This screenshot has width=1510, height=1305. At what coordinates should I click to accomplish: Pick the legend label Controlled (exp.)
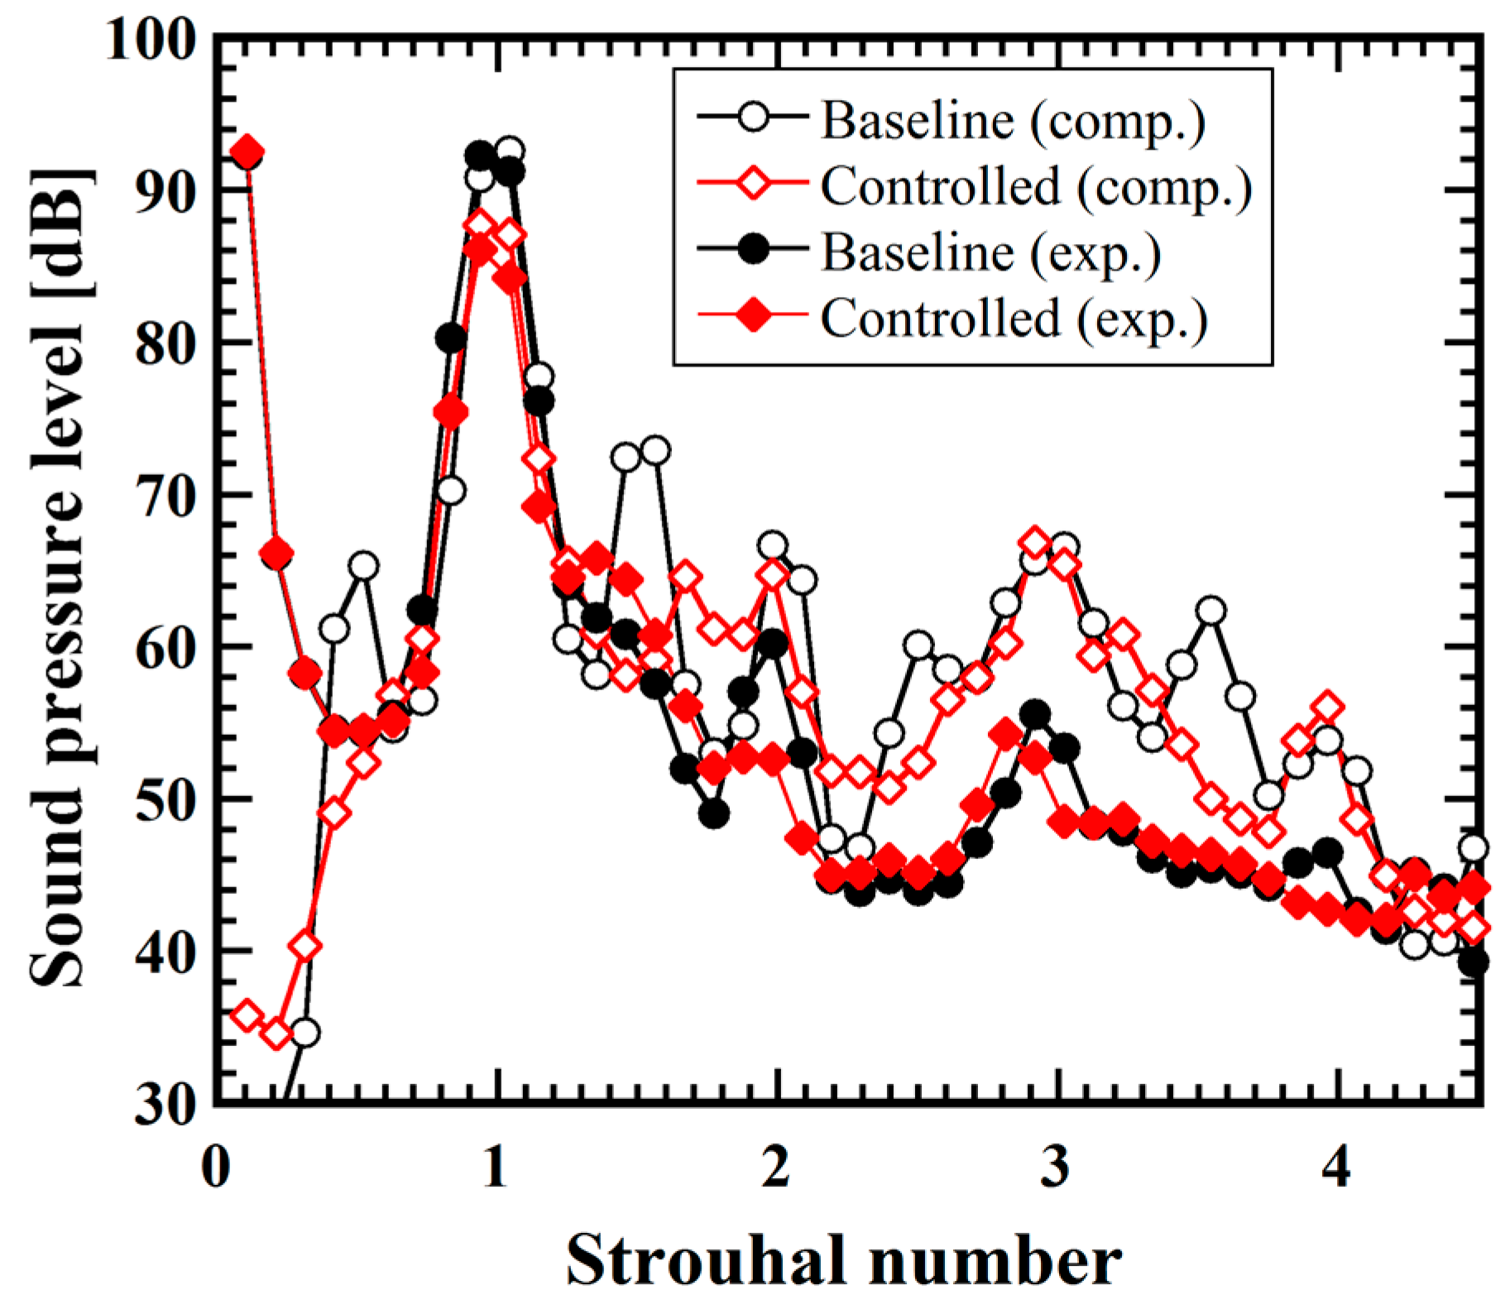point(1014,318)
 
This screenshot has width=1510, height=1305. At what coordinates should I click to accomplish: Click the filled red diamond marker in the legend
point(752,318)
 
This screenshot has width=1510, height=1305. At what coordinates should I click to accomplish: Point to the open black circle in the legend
point(752,120)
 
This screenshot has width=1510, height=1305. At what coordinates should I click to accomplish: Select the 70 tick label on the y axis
point(164,495)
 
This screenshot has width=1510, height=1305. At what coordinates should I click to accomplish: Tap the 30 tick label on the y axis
point(164,1103)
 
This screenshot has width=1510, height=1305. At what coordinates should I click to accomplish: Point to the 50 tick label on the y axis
point(164,799)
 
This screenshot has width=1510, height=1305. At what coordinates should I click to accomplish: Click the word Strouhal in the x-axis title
point(702,1260)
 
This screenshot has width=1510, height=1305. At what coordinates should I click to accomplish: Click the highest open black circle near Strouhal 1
point(510,151)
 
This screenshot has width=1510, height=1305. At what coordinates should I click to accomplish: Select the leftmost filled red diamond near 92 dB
point(247,153)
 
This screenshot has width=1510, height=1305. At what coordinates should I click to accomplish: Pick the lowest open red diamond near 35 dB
point(276,1033)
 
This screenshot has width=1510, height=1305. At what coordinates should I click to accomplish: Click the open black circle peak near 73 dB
point(655,451)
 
